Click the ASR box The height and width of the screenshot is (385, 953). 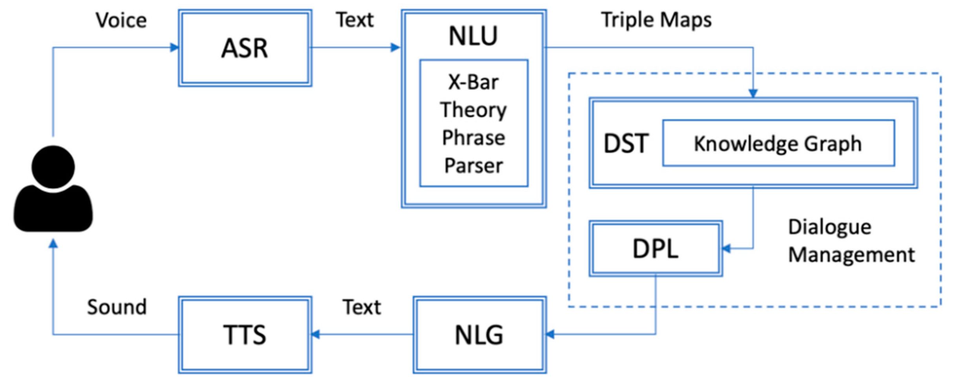coord(245,48)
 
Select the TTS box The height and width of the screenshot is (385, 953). coord(245,335)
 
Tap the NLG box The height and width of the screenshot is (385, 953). coord(479,335)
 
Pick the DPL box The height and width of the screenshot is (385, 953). coord(655,248)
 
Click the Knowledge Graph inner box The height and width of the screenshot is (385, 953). coord(778,143)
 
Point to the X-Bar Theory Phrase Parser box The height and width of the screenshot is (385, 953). coord(473,123)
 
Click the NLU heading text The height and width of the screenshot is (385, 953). coord(473,36)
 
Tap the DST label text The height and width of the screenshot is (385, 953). coord(626,143)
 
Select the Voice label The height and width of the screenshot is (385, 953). coord(121,20)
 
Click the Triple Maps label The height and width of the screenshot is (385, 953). coord(656,20)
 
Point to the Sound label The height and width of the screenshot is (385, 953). coord(117,307)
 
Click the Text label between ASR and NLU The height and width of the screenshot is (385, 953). coord(354,20)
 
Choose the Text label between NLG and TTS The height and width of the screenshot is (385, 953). coord(361,307)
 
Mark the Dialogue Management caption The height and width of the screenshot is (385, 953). coord(851,241)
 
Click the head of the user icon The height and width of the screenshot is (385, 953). coord(53,166)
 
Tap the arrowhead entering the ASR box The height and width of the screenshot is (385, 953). coord(174,48)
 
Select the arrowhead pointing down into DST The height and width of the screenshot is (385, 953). coord(753,93)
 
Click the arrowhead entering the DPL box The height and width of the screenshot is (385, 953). coord(727,248)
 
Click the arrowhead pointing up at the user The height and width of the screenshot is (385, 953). coord(53,244)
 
